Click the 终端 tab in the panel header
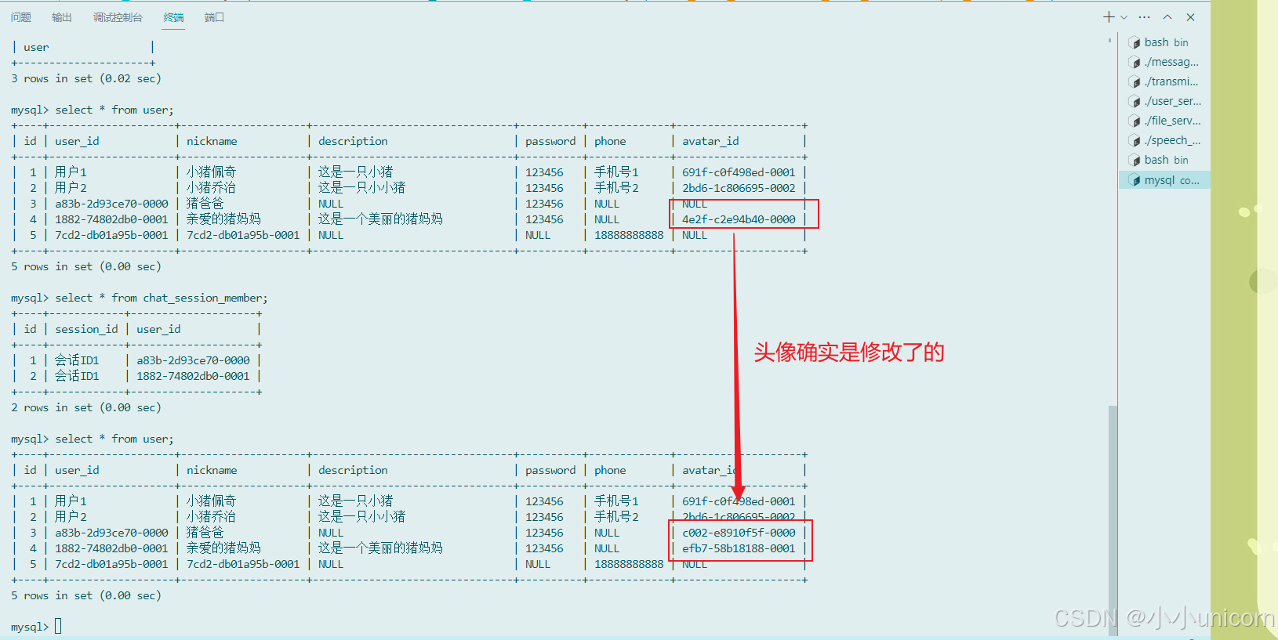173,17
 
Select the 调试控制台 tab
118,17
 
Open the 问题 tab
21,17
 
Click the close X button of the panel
1190,17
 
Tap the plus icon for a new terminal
1108,17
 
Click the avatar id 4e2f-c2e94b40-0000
739,219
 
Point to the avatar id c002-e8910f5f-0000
739,533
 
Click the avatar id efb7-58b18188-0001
739,548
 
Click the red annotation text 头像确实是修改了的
848,353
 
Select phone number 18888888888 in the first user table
629,235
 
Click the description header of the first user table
353,141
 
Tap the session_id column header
86,329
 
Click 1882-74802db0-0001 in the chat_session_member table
193,376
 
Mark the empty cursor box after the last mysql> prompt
58,627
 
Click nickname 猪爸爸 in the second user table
205,533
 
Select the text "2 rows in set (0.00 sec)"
86,407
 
